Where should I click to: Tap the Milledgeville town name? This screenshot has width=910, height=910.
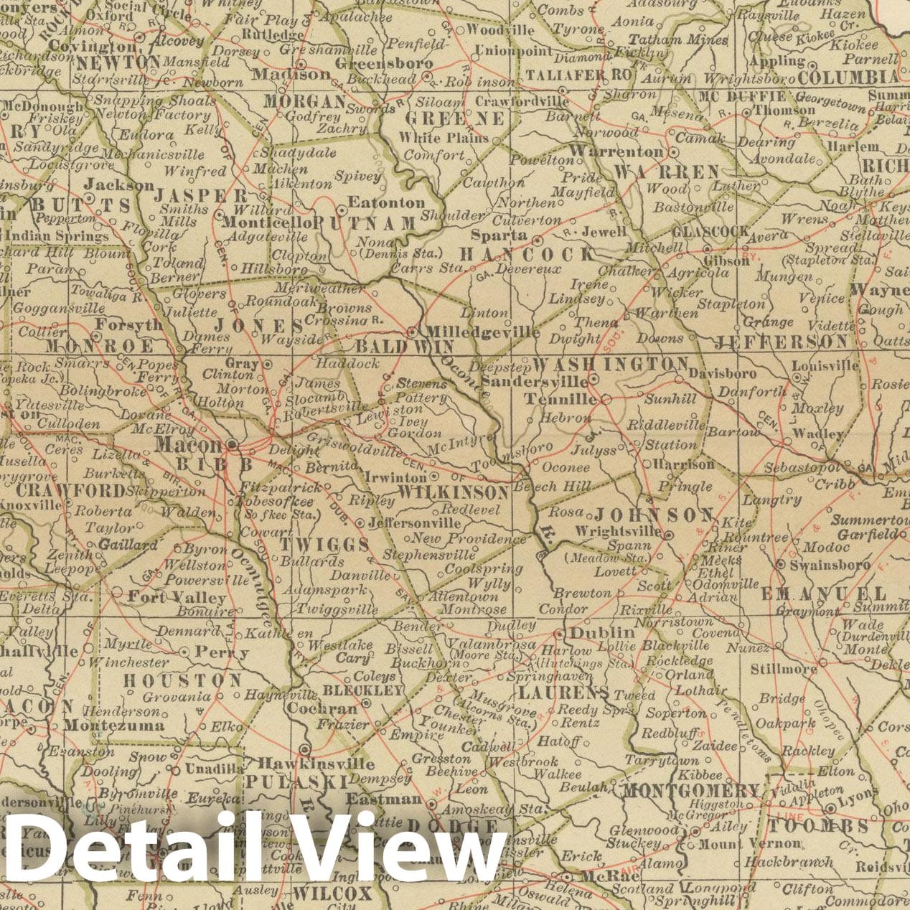[x=482, y=332]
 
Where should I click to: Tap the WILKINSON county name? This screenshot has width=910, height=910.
[x=453, y=493]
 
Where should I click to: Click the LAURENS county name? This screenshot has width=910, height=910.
[x=563, y=693]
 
